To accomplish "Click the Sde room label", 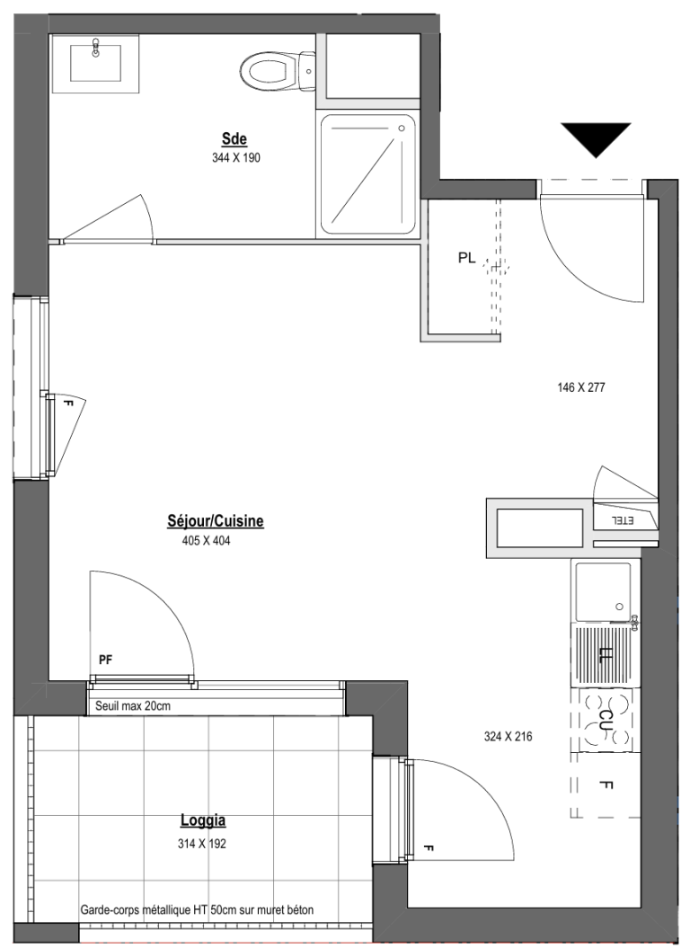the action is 234,139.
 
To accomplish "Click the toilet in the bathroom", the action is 279,70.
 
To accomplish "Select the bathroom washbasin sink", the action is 95,60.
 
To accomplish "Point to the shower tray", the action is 368,174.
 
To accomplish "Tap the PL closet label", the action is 466,259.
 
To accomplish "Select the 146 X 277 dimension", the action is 580,387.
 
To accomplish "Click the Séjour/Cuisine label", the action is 216,521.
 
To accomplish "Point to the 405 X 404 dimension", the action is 207,541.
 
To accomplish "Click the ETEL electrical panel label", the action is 624,520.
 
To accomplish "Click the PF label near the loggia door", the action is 106,660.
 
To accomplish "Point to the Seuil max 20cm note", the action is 133,706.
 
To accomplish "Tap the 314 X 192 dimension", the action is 202,844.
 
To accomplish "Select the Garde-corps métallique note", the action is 197,909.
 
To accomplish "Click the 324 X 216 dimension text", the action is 508,737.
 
